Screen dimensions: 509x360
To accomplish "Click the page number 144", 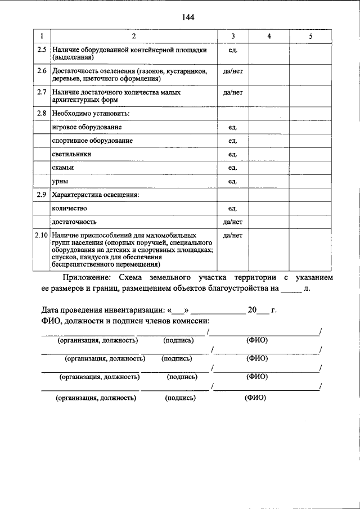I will pos(188,17).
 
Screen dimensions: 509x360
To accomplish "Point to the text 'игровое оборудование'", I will pos(86,128).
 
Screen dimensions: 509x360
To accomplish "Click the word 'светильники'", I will pos(71,154).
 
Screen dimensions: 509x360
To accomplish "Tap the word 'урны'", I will pos(60,181).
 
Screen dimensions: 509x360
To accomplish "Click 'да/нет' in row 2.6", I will pos(233,71).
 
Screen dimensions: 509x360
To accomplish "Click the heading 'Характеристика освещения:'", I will pos(95,195).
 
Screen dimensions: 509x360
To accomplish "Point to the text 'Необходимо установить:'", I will pos(91,114).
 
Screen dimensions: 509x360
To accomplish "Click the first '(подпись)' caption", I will pos(179,340).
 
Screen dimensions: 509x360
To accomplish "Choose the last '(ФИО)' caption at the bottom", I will pos(255,397).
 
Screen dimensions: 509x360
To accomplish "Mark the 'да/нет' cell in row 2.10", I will pos(233,234).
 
